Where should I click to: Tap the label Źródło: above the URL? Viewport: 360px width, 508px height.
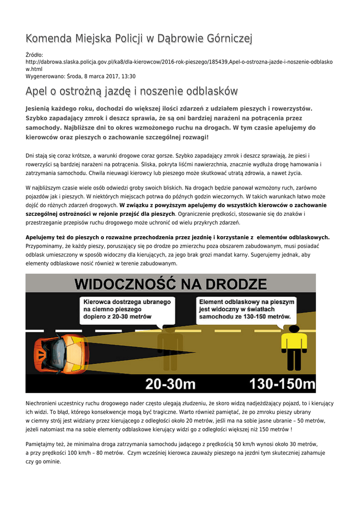tap(34, 55)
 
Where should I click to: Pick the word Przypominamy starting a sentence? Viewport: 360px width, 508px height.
tap(47, 246)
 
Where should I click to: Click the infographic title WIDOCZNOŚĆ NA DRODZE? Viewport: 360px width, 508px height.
tap(171, 284)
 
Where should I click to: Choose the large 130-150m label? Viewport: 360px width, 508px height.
tap(282, 383)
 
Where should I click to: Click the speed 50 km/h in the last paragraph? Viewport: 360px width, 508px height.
tap(237, 444)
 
